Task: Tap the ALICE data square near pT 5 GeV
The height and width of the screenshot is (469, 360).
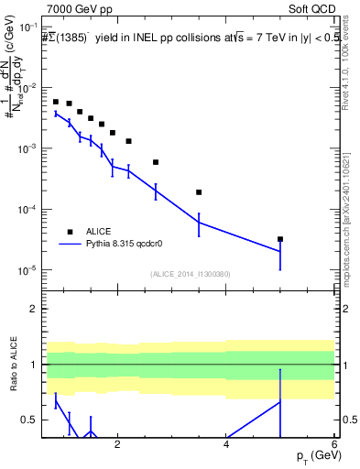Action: (x=280, y=239)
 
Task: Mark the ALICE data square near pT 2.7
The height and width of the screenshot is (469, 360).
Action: (x=156, y=162)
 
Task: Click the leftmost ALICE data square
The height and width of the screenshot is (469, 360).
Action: (x=56, y=102)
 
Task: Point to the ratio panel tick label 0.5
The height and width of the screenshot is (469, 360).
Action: (x=29, y=420)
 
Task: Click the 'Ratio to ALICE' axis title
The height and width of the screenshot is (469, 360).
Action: (x=12, y=366)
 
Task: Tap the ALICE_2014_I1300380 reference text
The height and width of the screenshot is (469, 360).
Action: (x=189, y=274)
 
